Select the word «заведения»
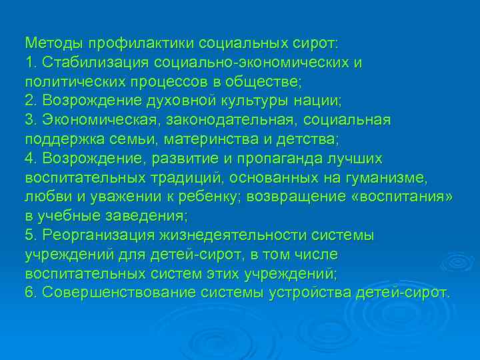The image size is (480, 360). (x=147, y=217)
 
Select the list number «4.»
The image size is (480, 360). (x=31, y=159)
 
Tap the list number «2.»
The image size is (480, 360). (x=31, y=101)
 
